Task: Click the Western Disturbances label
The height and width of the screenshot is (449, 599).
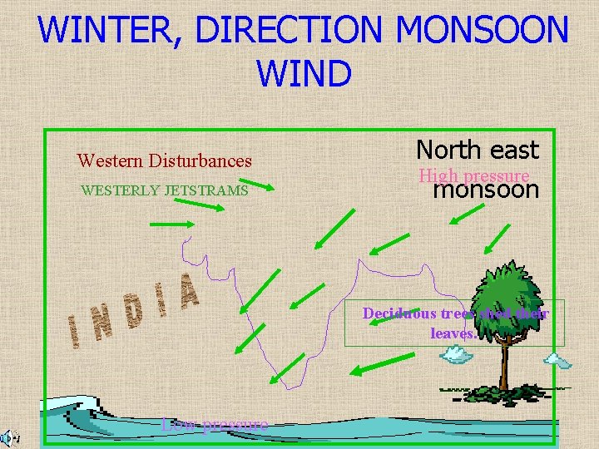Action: [164, 160]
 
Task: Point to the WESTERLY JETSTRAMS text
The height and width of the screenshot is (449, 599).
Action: [164, 190]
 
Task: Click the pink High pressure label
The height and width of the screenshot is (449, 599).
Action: [473, 175]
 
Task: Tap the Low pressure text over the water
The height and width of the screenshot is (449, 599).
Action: [215, 425]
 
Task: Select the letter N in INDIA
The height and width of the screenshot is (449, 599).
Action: [104, 325]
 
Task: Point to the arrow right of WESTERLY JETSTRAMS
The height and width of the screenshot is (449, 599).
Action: [263, 185]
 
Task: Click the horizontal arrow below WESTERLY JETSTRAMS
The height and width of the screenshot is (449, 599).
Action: [172, 224]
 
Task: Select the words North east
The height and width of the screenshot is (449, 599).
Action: [478, 150]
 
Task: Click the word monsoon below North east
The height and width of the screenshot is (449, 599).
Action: [486, 190]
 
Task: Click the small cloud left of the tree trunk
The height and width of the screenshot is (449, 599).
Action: [455, 355]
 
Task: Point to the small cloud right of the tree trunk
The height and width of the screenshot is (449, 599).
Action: [557, 360]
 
